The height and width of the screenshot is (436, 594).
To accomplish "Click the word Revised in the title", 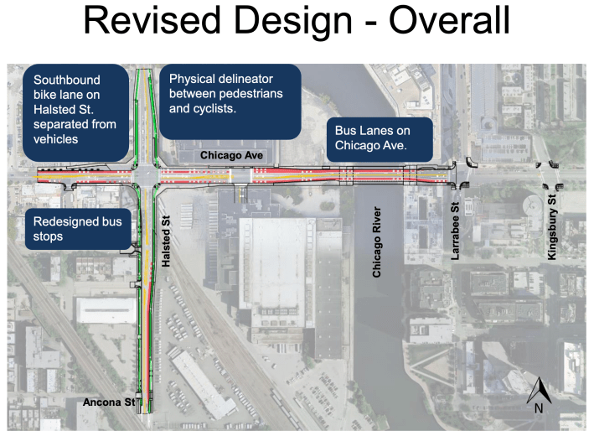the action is [152, 20].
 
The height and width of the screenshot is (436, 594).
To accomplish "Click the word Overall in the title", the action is [449, 20].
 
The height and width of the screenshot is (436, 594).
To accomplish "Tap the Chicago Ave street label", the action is [231, 155].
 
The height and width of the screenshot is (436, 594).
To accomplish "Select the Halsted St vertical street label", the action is [166, 241].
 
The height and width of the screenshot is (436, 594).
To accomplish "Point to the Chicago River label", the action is [376, 241].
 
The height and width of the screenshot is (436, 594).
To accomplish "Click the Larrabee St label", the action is [455, 231].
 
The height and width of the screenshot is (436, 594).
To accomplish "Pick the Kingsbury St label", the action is [552, 226].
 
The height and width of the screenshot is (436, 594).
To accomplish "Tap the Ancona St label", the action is [109, 402].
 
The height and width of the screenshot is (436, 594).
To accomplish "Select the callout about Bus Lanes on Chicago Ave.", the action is [380, 139].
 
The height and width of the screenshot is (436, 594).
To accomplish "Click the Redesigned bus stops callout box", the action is [78, 229].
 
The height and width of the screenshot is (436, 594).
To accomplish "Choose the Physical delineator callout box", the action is [230, 101].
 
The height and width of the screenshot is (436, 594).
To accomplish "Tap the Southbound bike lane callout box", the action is [75, 113].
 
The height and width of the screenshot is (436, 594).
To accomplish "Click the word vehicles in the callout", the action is [55, 139].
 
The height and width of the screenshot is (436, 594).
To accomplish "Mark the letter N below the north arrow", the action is [539, 408].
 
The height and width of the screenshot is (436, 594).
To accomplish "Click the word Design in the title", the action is [293, 20].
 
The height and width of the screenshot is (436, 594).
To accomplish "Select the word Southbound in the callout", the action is [67, 80].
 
